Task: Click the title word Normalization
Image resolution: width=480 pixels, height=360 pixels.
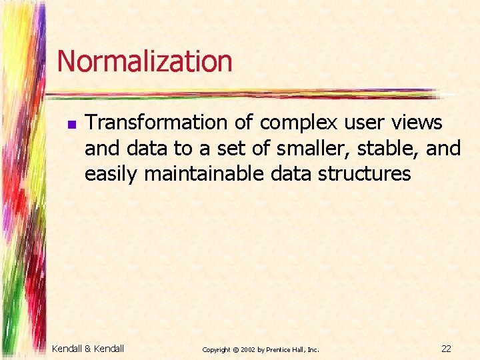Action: pyautogui.click(x=145, y=61)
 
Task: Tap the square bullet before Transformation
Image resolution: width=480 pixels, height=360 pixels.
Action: pyautogui.click(x=70, y=124)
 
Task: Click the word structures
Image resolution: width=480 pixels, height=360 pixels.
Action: pyautogui.click(x=364, y=173)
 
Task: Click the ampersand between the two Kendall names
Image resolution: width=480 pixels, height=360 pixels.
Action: pyautogui.click(x=88, y=348)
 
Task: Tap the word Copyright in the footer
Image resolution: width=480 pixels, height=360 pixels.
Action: pyautogui.click(x=216, y=349)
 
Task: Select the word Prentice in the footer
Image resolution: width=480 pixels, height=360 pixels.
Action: pyautogui.click(x=280, y=349)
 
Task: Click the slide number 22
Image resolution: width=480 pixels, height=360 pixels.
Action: pyautogui.click(x=446, y=348)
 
